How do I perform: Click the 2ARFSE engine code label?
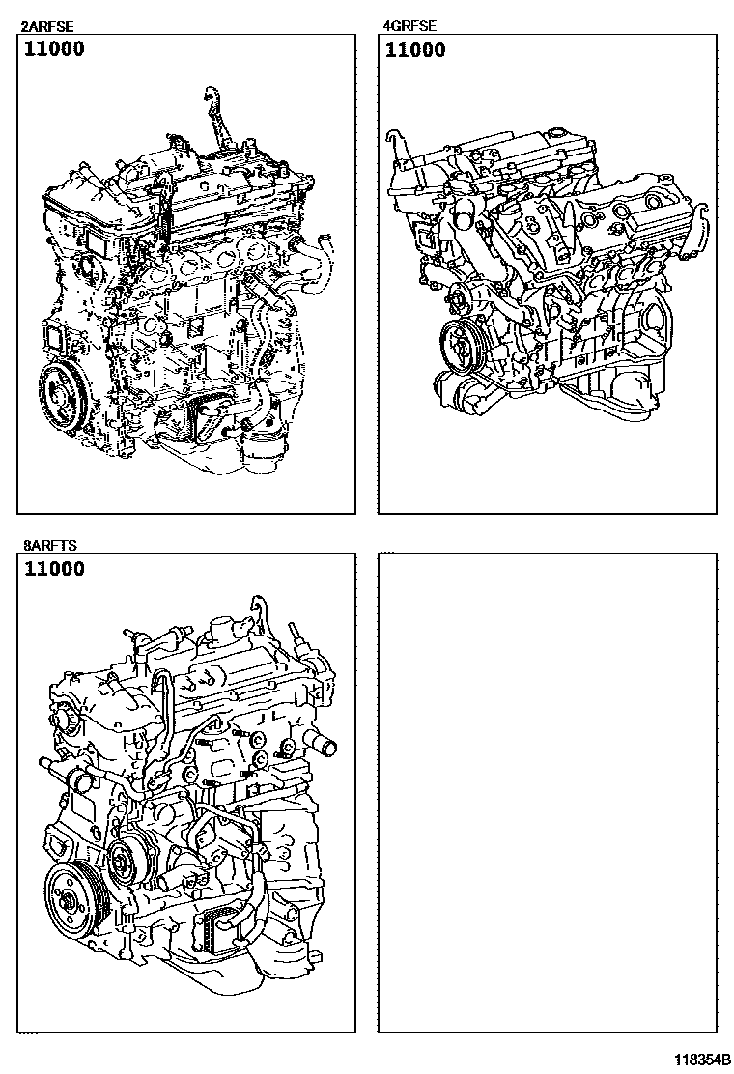(48, 27)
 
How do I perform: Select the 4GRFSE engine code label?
(409, 26)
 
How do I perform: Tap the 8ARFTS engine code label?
(50, 546)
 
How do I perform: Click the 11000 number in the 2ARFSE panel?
(55, 48)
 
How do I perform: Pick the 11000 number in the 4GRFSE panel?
(415, 49)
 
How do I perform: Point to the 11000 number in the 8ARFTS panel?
(55, 569)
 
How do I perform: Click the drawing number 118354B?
(702, 1060)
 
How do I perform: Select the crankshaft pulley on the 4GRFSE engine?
(459, 346)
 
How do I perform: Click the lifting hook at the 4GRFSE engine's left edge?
(395, 145)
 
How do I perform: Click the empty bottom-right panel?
(548, 793)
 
